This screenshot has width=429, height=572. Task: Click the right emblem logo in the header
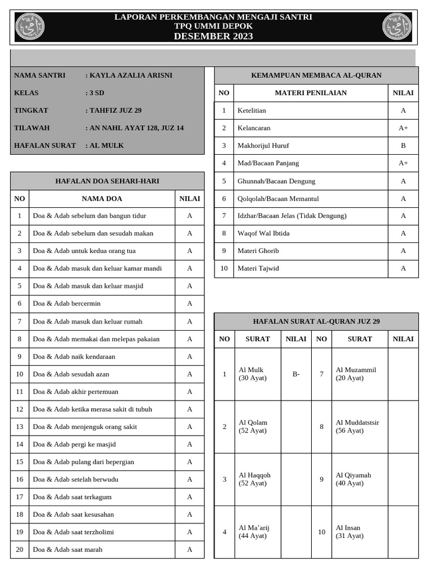coord(397,27)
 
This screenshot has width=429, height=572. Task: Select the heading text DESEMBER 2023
coord(213,36)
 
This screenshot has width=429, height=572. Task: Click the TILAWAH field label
coord(32,128)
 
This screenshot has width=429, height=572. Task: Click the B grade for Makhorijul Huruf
coord(403,146)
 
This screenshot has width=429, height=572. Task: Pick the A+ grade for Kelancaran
coord(403,128)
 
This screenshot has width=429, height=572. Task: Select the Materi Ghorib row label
coord(258,251)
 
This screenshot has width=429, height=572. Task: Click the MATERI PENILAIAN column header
coord(311,93)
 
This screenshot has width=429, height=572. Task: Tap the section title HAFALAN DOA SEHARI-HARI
coord(107,181)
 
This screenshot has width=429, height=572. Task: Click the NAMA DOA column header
coord(102,198)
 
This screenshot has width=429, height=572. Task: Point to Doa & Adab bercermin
coord(67,303)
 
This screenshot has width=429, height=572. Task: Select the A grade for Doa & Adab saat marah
coord(189,550)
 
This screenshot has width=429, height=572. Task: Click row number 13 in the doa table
coord(20,427)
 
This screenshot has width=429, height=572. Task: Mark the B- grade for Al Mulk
coord(295,374)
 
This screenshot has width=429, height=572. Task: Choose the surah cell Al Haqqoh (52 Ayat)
coord(255,479)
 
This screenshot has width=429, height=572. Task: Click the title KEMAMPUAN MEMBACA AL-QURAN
coord(316,75)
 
